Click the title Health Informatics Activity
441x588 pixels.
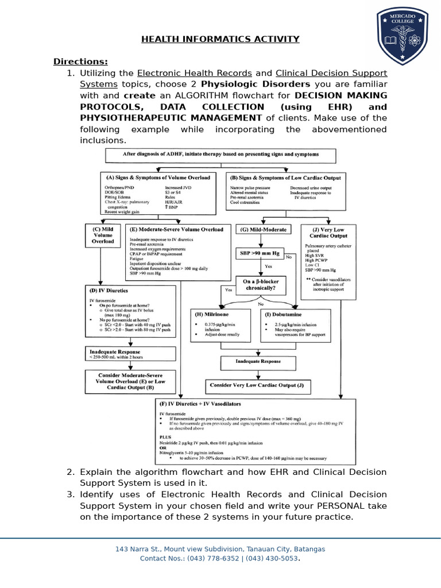(x=220, y=39)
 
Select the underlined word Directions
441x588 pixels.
(x=80, y=61)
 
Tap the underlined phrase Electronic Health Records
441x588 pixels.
(x=195, y=73)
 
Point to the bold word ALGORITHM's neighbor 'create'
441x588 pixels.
(x=140, y=95)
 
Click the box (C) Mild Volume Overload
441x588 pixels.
(x=103, y=235)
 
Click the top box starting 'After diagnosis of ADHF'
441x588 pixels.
(x=220, y=154)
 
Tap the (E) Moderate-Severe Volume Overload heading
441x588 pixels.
(x=177, y=229)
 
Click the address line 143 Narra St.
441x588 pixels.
(x=220, y=549)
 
